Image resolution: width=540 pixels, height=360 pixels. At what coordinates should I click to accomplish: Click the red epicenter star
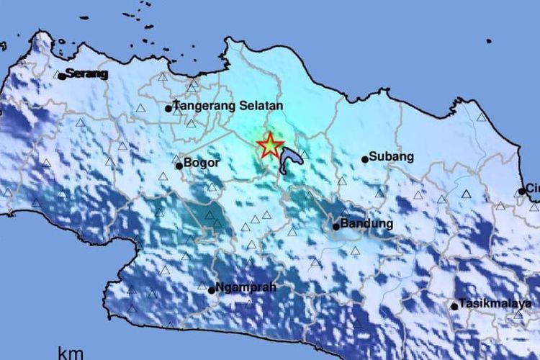[270, 146]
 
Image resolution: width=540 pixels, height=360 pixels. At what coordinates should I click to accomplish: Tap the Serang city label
[87, 73]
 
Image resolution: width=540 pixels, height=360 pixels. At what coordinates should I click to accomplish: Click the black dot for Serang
[63, 76]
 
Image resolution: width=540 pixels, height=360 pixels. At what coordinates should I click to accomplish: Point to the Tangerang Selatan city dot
[168, 109]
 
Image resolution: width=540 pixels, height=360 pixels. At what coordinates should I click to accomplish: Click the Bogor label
[202, 163]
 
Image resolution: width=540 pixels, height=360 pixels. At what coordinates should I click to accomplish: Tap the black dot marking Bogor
[179, 166]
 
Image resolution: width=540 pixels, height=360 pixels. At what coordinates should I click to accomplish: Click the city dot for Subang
[365, 159]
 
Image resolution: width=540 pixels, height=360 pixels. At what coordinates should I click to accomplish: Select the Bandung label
[367, 223]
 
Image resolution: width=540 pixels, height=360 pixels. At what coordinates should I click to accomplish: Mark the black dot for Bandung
[336, 227]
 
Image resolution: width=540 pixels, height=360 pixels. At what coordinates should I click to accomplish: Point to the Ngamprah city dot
[211, 290]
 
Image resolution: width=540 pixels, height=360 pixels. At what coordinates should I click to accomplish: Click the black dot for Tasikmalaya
[454, 306]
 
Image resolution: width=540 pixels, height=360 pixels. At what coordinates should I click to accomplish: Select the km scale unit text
[71, 353]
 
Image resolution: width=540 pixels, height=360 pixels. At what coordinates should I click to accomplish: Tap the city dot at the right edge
[522, 192]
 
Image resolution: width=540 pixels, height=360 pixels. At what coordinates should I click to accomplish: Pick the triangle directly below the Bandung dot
[355, 251]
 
